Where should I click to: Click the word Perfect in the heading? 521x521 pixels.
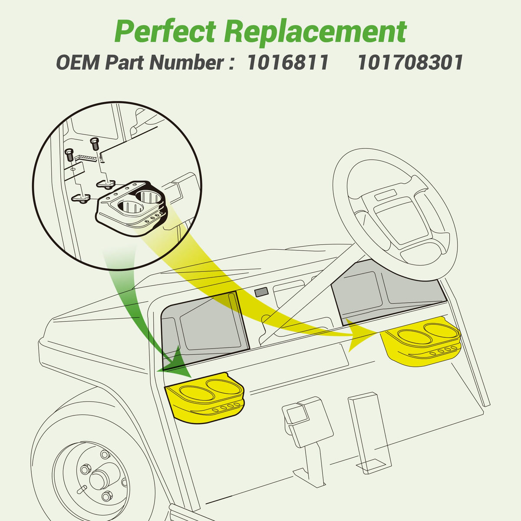(165, 32)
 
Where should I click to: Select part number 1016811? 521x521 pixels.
(288, 63)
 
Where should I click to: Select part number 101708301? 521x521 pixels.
(410, 63)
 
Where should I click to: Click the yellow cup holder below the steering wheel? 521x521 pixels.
(420, 342)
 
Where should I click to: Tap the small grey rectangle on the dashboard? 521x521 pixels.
(261, 292)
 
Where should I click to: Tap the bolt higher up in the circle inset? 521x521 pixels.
(94, 144)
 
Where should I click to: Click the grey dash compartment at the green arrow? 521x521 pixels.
(204, 329)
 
